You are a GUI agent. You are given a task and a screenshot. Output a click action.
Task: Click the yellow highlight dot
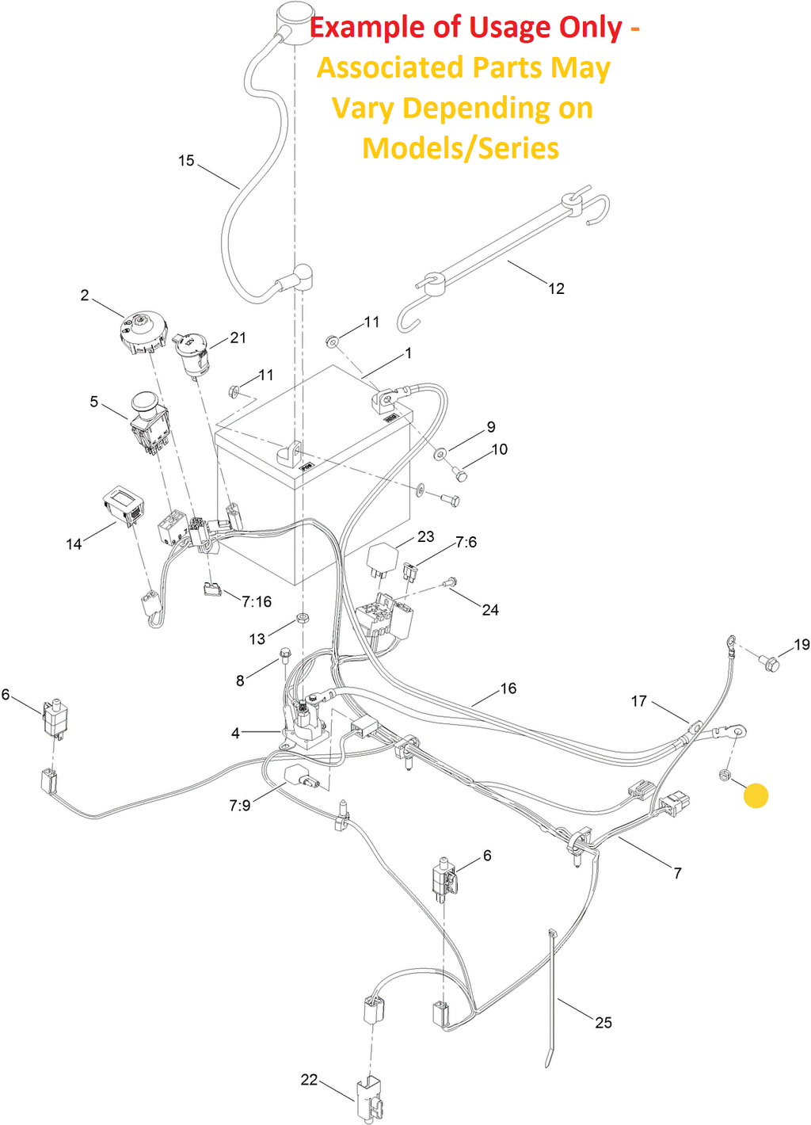click(756, 795)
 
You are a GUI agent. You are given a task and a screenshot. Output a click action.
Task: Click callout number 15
click(186, 161)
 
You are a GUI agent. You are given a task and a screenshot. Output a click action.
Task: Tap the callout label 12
click(556, 289)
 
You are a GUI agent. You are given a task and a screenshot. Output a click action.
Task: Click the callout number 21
click(238, 337)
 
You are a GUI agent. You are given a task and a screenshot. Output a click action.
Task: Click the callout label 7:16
click(257, 602)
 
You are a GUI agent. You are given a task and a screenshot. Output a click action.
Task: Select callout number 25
click(603, 1023)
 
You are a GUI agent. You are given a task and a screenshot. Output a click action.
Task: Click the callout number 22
click(309, 1080)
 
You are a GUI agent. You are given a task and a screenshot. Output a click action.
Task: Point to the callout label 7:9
click(240, 806)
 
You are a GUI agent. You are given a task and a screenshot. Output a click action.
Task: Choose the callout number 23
click(426, 537)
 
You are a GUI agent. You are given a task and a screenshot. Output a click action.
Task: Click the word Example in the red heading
click(367, 28)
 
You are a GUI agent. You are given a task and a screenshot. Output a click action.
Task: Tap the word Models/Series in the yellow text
click(460, 148)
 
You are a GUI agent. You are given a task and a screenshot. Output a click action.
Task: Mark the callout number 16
click(508, 689)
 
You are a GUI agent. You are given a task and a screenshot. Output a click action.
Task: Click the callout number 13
click(257, 639)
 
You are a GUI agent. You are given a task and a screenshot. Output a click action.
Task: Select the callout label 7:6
click(466, 543)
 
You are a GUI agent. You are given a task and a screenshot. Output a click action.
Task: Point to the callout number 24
click(490, 610)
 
